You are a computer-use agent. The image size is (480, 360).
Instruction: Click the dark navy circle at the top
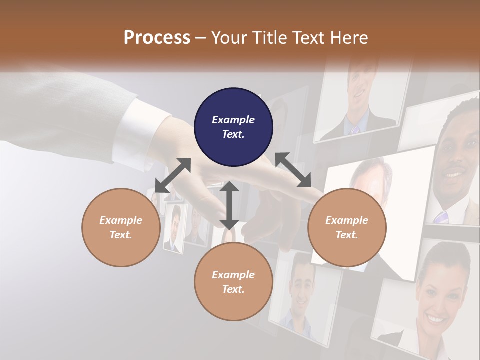click(x=233, y=127)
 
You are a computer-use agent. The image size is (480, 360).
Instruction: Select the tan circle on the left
click(x=121, y=227)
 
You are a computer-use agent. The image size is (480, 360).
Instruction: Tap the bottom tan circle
click(x=233, y=282)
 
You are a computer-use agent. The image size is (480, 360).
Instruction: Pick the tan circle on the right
click(x=347, y=227)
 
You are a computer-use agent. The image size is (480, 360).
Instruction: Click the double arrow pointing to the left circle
click(x=173, y=175)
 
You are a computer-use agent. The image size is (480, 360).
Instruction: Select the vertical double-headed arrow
click(x=229, y=205)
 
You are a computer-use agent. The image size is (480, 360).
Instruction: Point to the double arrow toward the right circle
click(x=293, y=170)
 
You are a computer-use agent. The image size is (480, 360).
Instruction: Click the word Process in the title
click(x=157, y=37)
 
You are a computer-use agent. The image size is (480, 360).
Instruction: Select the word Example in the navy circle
click(x=233, y=120)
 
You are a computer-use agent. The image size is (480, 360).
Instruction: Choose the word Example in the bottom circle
click(x=233, y=275)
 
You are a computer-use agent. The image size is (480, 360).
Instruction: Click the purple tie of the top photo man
click(x=355, y=129)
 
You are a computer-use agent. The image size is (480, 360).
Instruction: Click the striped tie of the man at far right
click(x=441, y=217)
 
